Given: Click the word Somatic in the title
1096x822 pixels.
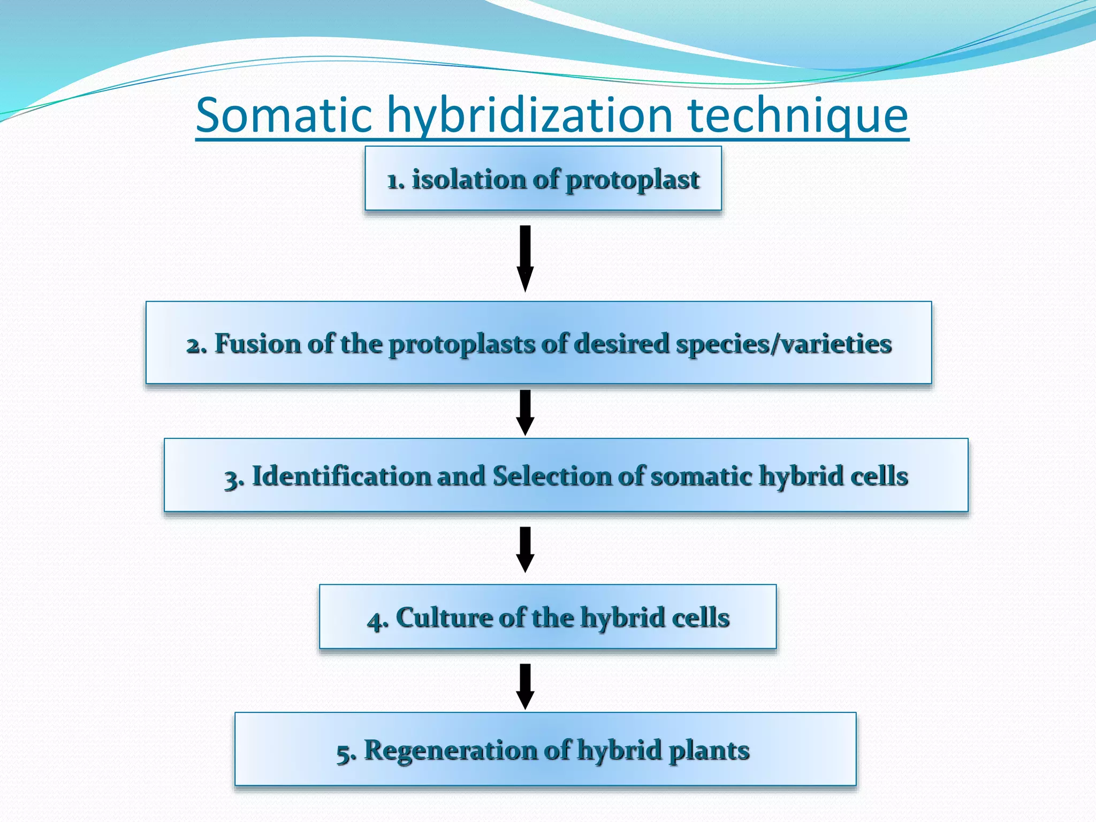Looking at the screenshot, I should pos(284,115).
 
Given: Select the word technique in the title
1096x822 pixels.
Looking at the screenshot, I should pos(797,115).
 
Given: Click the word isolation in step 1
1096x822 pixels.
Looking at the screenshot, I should pos(468,179).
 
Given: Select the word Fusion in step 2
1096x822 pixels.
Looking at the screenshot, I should pos(257,343).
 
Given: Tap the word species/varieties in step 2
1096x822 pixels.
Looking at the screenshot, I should pos(783,344).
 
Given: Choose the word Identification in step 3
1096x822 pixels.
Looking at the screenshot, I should pos(341,476).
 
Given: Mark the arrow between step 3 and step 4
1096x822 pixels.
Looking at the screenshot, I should pos(525,549).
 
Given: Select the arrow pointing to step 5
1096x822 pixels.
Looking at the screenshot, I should pos(525,686).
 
